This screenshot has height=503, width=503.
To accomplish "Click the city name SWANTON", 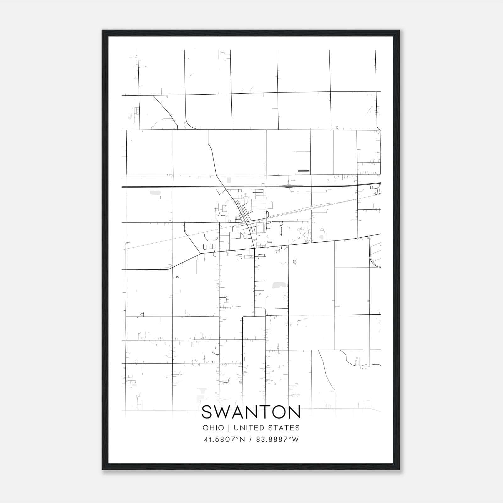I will [251, 412].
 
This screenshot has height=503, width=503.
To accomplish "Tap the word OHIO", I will [213, 428].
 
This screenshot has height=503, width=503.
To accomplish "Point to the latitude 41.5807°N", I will [224, 439].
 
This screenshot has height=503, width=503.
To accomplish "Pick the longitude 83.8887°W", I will [277, 439].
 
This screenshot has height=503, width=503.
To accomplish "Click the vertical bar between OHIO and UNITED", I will [229, 428].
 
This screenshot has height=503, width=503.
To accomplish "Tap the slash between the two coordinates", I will [251, 439].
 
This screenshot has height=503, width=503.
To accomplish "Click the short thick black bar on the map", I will [303, 171].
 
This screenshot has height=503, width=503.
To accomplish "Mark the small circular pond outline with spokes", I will [295, 262].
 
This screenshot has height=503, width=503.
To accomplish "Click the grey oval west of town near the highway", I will [154, 192].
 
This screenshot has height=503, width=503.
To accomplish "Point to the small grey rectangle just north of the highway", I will [229, 180].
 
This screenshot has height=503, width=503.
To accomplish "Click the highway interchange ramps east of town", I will [291, 186].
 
